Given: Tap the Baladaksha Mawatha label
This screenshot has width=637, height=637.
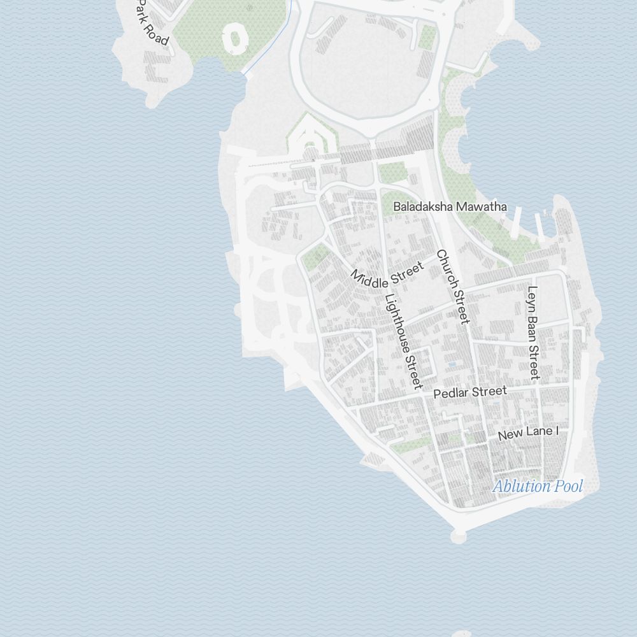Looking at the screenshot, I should point(450,206).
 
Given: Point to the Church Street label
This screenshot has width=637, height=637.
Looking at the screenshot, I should point(453,287).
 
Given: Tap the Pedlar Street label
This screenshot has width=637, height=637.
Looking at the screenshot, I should point(470,392).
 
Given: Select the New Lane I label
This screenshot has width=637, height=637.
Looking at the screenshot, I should point(528,433).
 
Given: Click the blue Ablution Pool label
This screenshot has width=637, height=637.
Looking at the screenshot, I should point(538,487).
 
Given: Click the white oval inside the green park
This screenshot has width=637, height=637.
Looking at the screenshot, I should point(234,39).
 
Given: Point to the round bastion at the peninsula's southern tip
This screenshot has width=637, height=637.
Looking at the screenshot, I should point(457,536).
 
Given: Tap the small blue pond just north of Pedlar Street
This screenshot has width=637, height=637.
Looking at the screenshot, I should point(452,364).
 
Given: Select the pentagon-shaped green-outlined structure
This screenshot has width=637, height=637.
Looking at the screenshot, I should point(310,137).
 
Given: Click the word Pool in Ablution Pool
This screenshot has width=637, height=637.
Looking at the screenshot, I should point(568,487).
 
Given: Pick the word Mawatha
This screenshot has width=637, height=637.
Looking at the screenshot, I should point(480,206).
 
